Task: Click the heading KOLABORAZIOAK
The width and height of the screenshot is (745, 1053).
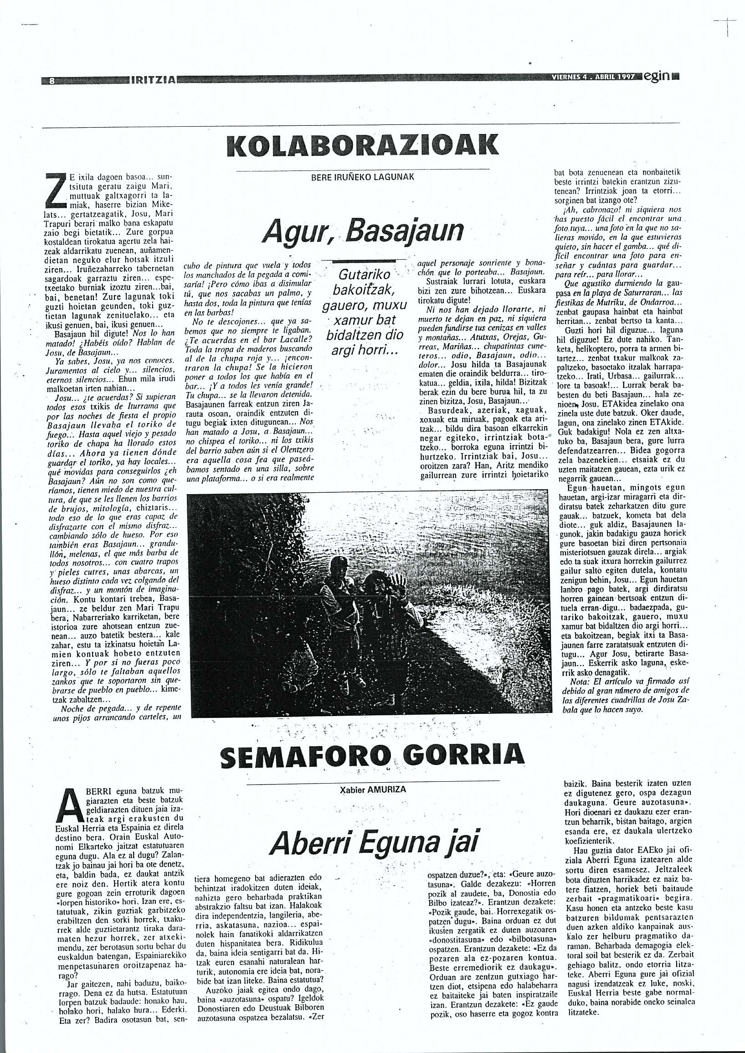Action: (362, 147)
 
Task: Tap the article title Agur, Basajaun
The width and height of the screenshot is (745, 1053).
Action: (362, 233)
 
